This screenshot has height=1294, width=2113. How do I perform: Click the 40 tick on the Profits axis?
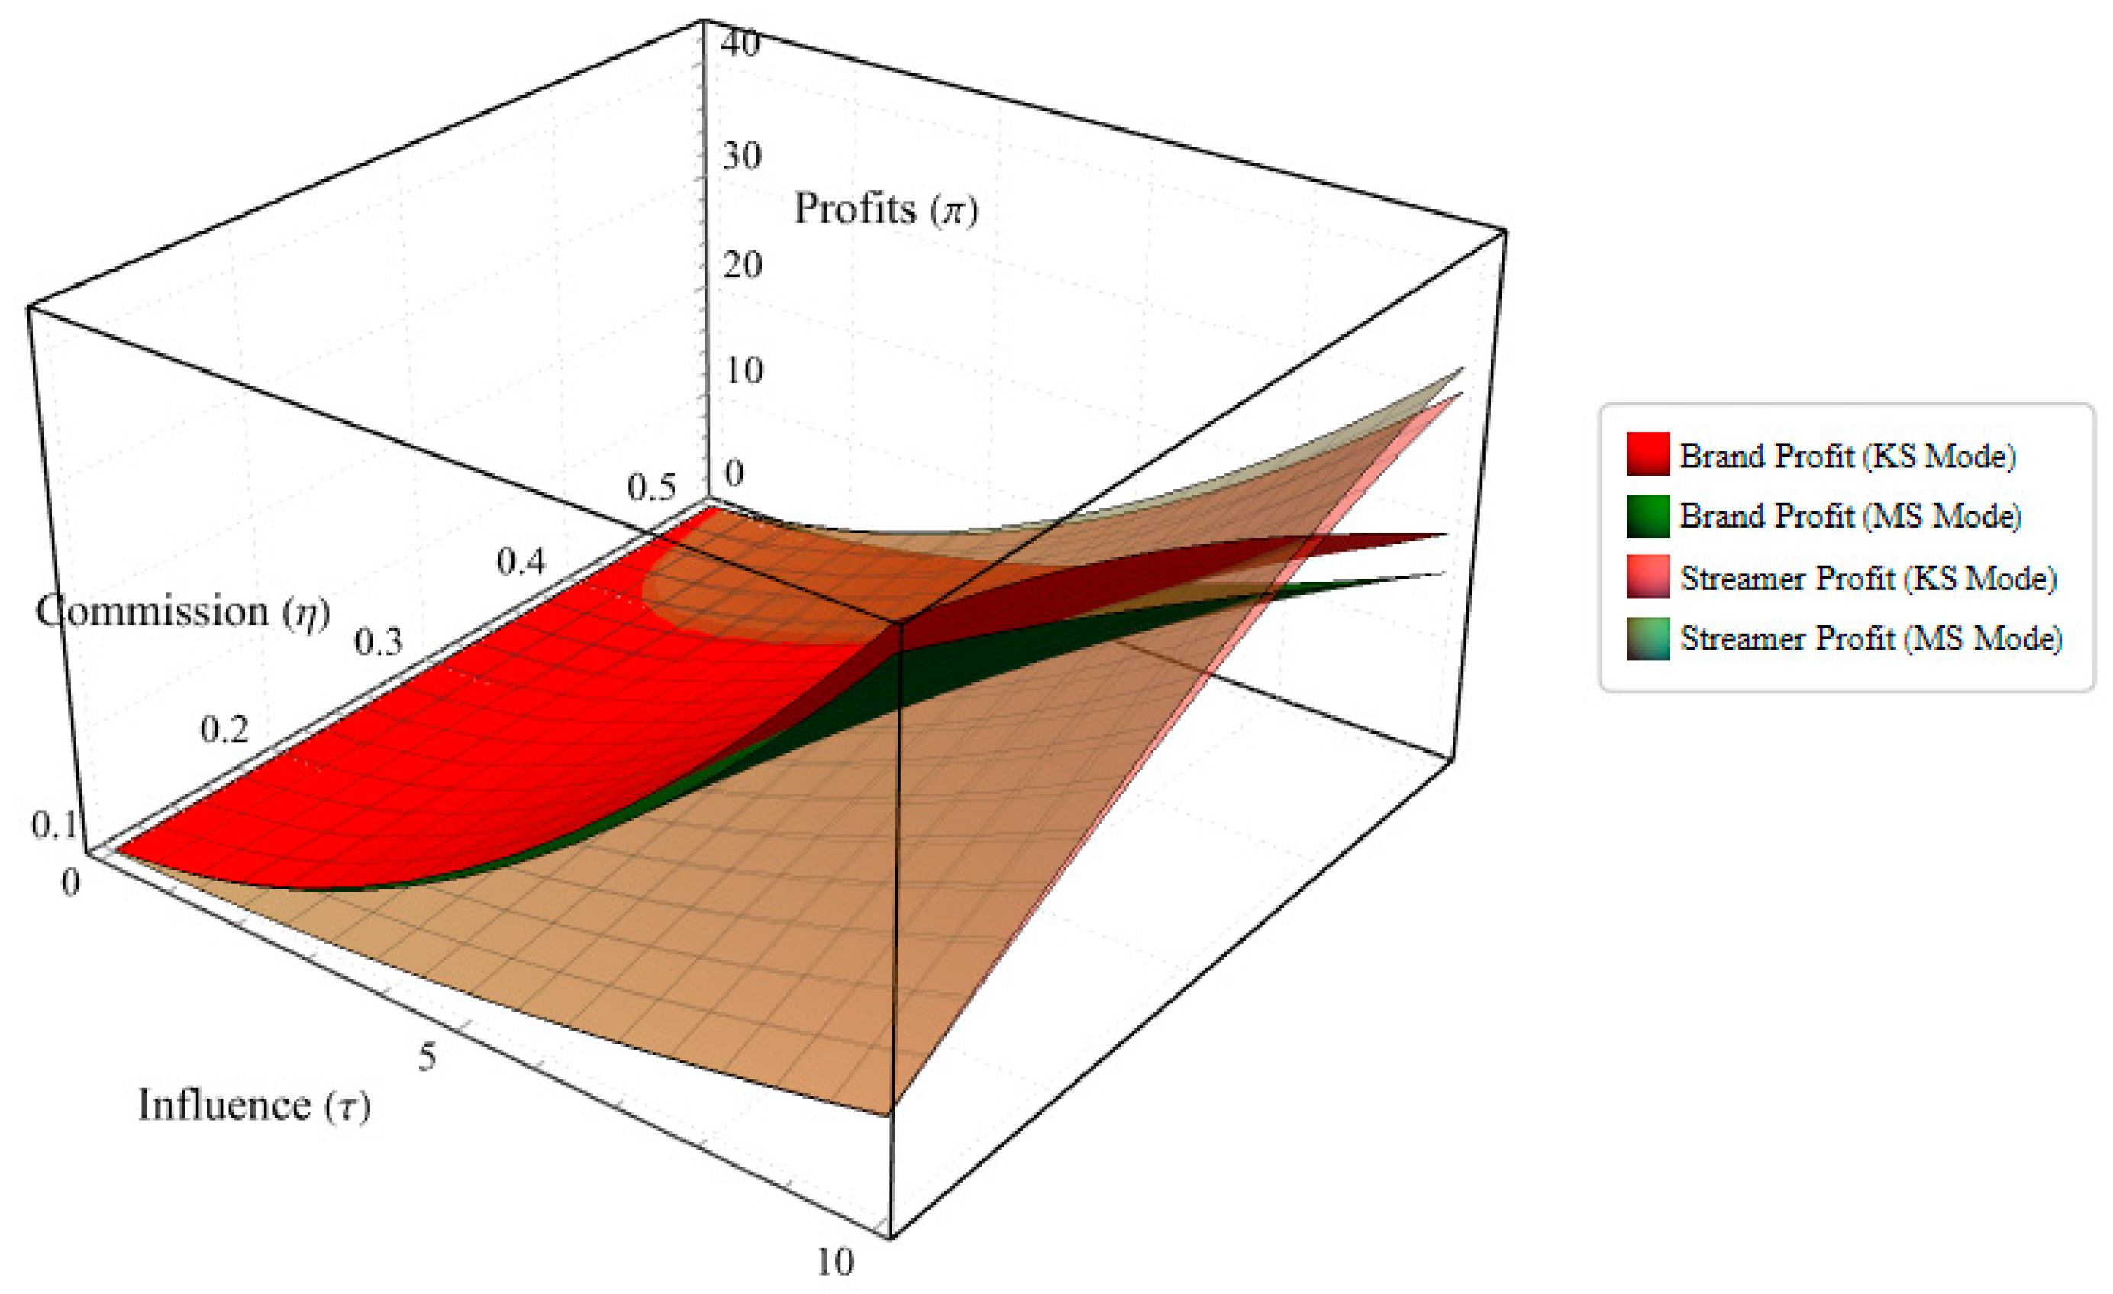pyautogui.click(x=740, y=43)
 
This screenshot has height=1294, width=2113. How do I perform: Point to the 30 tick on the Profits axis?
pyautogui.click(x=741, y=156)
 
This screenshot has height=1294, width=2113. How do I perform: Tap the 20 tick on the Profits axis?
pyautogui.click(x=741, y=265)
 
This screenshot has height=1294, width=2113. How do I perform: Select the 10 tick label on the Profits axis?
pyautogui.click(x=743, y=370)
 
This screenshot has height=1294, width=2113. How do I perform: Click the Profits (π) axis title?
pyautogui.click(x=885, y=209)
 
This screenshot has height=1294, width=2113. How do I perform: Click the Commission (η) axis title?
pyautogui.click(x=182, y=612)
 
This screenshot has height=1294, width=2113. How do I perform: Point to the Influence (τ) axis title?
pyautogui.click(x=254, y=1105)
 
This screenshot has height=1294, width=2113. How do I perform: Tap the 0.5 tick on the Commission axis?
pyautogui.click(x=651, y=487)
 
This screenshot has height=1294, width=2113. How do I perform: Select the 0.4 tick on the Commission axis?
pyautogui.click(x=521, y=562)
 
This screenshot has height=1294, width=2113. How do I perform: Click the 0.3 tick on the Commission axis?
pyautogui.click(x=378, y=641)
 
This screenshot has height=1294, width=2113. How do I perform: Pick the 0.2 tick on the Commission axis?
pyautogui.click(x=224, y=730)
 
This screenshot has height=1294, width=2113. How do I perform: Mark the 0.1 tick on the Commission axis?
pyautogui.click(x=54, y=825)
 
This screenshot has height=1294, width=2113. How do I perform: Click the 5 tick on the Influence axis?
pyautogui.click(x=427, y=1057)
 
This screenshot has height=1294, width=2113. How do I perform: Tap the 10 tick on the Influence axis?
pyautogui.click(x=834, y=1261)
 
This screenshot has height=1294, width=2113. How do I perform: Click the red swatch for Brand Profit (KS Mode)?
pyautogui.click(x=1647, y=453)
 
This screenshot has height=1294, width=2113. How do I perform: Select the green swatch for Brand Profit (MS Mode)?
pyautogui.click(x=1647, y=515)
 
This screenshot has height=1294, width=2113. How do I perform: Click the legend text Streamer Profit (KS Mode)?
pyautogui.click(x=1868, y=579)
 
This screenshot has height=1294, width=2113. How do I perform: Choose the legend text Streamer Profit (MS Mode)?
pyautogui.click(x=1870, y=638)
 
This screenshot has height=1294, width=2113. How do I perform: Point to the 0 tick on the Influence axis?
pyautogui.click(x=70, y=882)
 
